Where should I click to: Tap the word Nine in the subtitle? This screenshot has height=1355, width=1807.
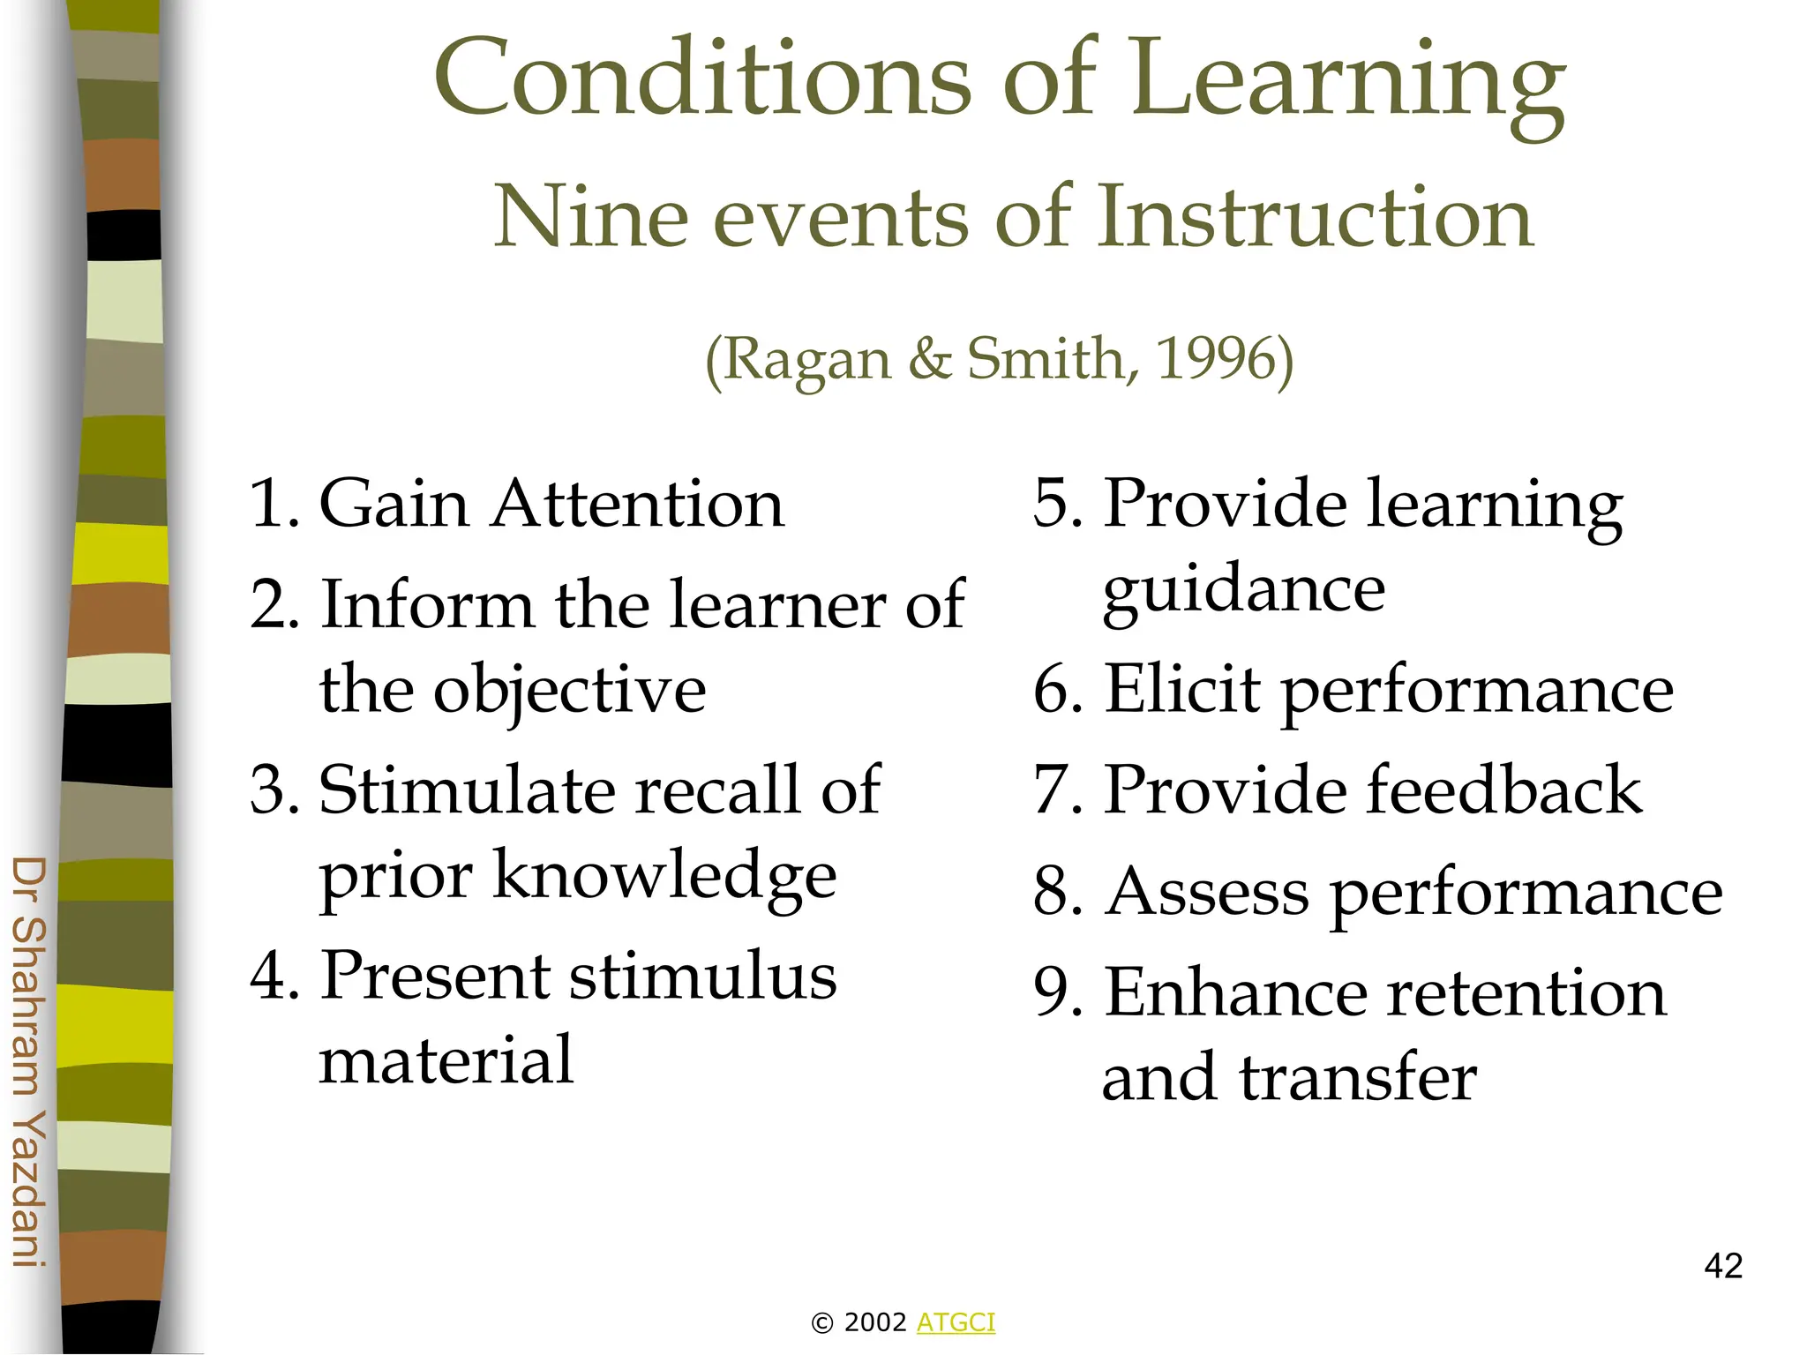[589, 217]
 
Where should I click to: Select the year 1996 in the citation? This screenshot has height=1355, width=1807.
[1216, 359]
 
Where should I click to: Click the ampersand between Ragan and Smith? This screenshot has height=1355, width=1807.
[929, 359]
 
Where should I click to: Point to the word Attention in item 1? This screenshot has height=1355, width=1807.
[638, 505]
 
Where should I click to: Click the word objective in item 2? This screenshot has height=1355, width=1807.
[569, 691]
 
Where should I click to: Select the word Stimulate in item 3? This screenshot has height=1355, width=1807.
[466, 790]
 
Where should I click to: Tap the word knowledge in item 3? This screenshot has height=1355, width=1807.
[664, 875]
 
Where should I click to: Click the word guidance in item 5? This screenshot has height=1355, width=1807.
[1244, 591]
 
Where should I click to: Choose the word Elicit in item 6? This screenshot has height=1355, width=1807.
[1182, 689]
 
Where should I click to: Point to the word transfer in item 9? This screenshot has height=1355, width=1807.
[1359, 1078]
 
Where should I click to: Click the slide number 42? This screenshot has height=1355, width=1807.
[1723, 1266]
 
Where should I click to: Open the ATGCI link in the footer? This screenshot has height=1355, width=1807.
[956, 1322]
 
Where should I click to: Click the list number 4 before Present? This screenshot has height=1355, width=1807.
[266, 977]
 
